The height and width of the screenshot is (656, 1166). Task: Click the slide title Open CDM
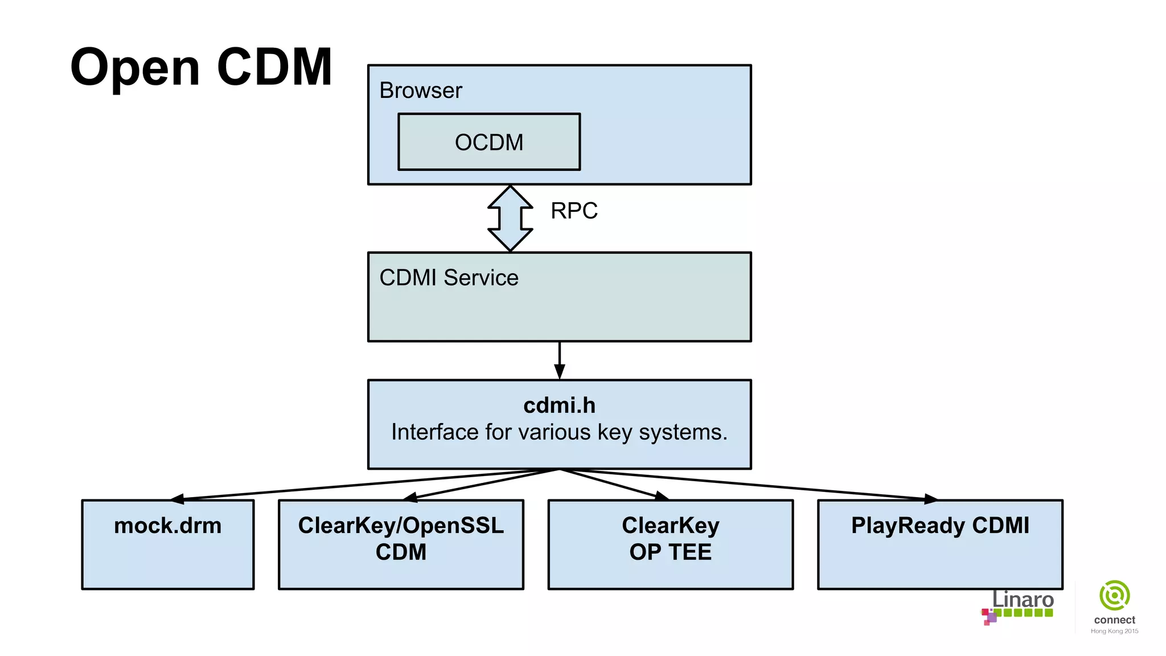pos(201,67)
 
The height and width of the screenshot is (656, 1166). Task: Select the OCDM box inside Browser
pos(488,142)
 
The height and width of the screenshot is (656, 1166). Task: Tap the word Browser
pos(420,91)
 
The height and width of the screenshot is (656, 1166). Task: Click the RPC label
pos(573,211)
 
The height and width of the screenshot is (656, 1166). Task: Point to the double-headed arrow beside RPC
pos(510,219)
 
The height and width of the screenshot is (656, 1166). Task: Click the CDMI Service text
pos(449,278)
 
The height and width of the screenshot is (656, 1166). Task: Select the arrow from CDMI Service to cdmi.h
pos(559,360)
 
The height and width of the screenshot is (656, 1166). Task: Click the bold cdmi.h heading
pos(559,405)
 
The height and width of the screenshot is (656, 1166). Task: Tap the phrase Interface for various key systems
pos(559,432)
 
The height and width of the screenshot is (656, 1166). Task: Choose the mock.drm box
pos(167,544)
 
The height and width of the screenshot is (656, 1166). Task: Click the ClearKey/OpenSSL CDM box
pos(400,544)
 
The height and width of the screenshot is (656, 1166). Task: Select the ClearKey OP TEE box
pos(670,544)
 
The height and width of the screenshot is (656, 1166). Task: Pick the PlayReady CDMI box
pos(939,544)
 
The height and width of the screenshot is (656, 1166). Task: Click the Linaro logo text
pos(1023,600)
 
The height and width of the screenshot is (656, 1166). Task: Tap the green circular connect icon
pos(1114,596)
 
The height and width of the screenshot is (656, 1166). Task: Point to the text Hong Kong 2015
pos(1114,631)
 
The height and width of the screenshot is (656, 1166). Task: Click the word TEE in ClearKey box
pos(689,552)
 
